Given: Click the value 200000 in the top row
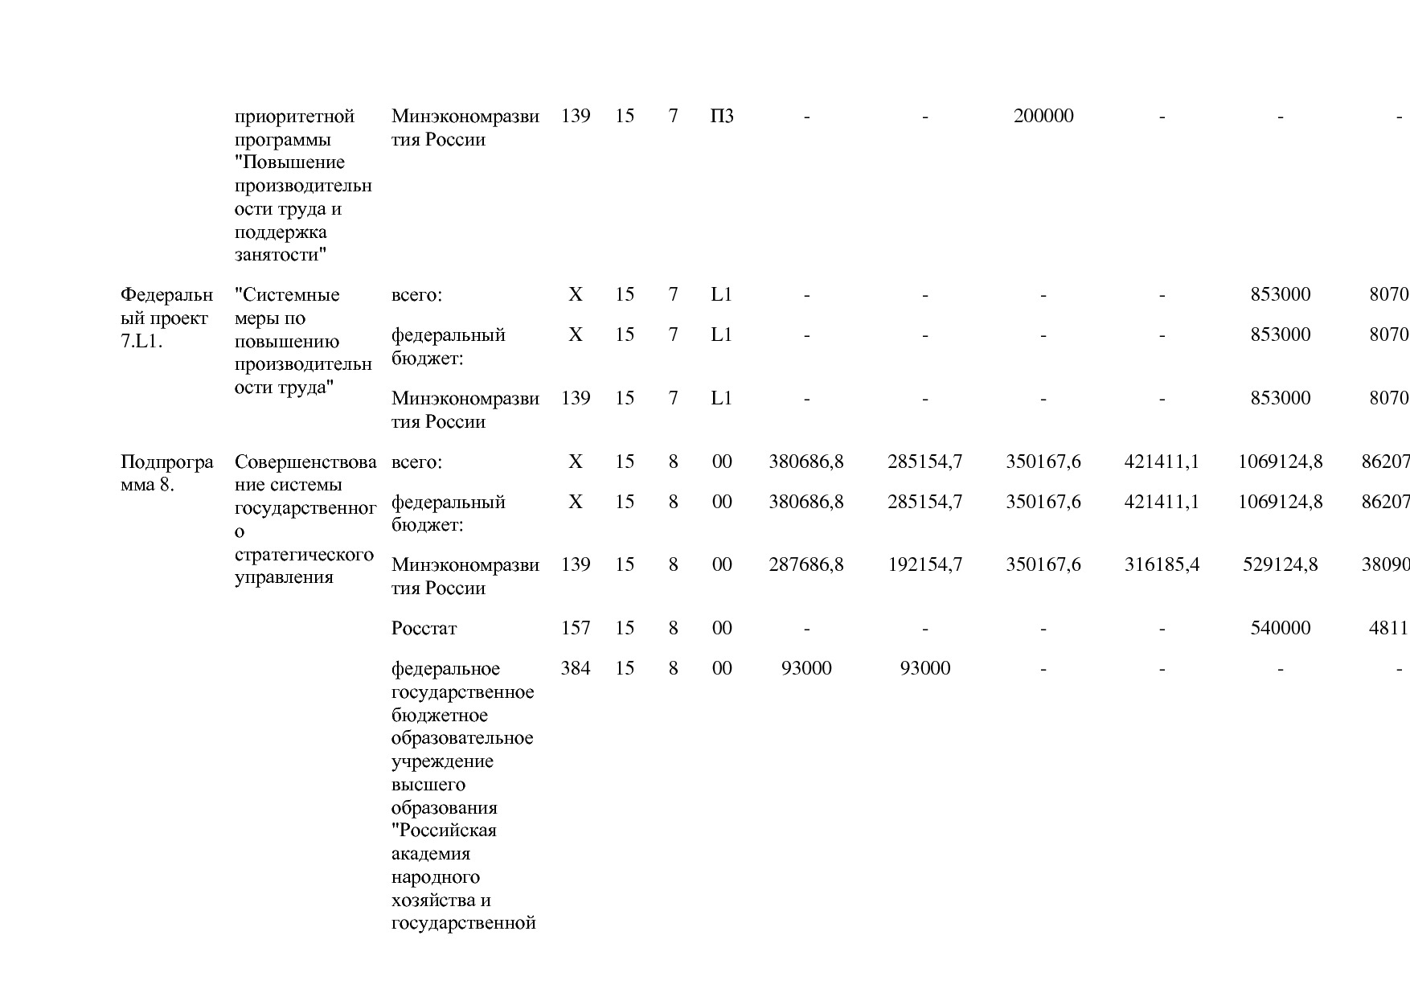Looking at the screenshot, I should coord(1043,117).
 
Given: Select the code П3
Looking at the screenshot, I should coord(722,117).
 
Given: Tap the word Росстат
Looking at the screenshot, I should coord(424,629).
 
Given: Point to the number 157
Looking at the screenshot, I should coord(576,628).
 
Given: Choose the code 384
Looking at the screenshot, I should coord(576,668).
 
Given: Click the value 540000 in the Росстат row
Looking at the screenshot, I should coord(1280,628).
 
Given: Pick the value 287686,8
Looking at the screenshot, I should coord(806,564).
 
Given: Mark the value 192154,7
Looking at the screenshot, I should coord(924,564).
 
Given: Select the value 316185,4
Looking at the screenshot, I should coord(1162,564).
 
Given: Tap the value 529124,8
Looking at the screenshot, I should coord(1280,564).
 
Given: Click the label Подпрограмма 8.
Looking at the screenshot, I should coord(166,474).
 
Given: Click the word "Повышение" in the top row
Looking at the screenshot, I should coord(289,163).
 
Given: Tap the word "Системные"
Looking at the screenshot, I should coord(287,295).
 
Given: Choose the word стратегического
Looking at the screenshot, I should coord(304,555).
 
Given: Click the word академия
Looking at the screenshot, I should coord(430,854).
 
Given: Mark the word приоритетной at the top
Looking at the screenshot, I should coord(294,117).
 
